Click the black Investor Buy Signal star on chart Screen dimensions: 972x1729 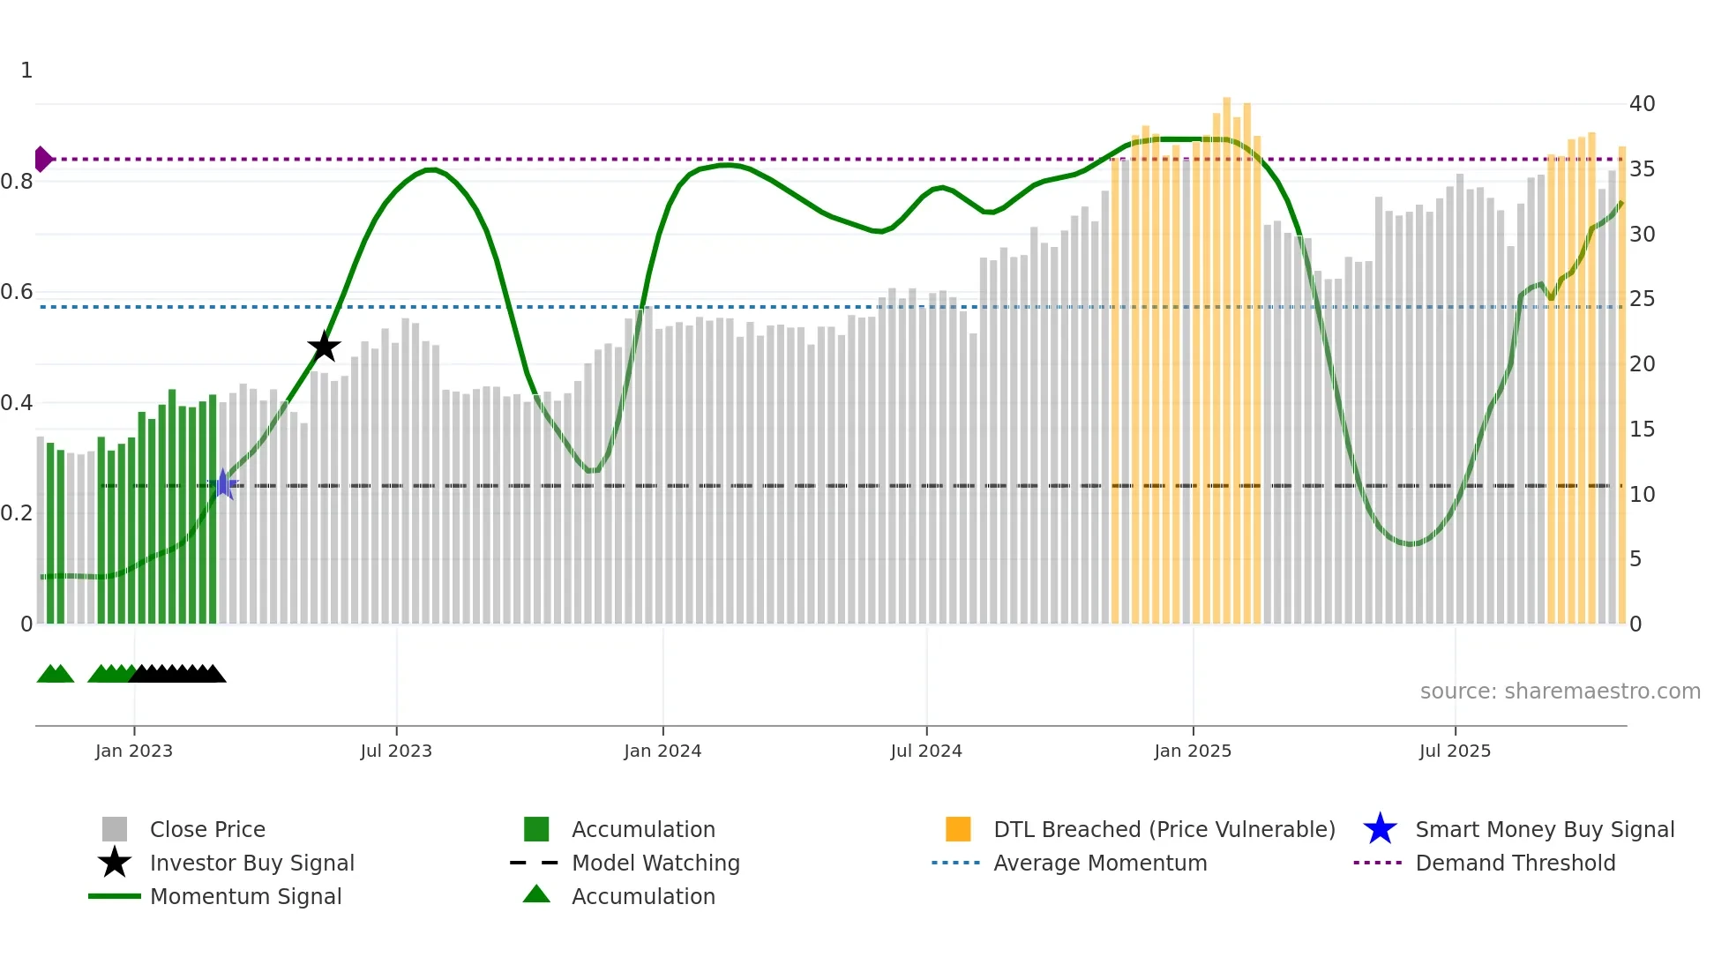point(324,347)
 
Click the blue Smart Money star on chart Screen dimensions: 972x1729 point(225,484)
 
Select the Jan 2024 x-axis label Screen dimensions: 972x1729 point(662,751)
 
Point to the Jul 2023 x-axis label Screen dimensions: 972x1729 point(396,751)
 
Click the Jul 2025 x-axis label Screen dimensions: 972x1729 point(1455,751)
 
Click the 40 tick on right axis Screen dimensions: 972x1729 point(1642,104)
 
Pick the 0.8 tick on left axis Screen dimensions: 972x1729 point(18,182)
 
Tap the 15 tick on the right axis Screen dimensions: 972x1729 point(1642,430)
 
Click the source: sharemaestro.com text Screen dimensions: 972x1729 point(1560,692)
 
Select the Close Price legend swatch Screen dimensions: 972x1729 point(115,829)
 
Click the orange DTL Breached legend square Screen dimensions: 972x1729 point(958,829)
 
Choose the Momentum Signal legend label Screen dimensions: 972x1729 point(245,897)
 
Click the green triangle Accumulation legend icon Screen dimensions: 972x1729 point(536,894)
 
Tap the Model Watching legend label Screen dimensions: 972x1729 point(655,864)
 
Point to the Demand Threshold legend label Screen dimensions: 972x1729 point(1515,864)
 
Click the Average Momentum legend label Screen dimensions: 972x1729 point(1100,864)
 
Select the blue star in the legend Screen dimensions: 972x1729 point(1380,829)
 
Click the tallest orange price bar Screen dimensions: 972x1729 point(1227,353)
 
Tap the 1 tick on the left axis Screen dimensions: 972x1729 point(26,71)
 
